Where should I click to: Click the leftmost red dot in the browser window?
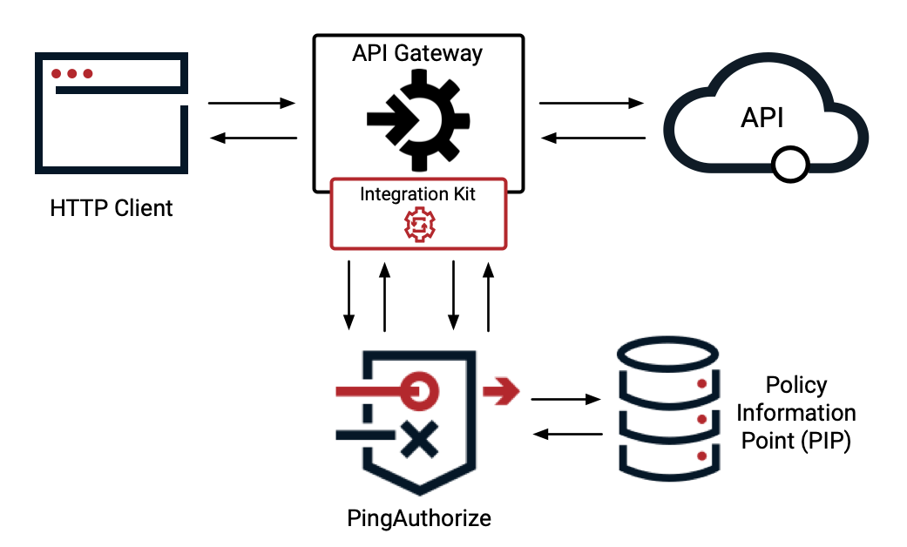pos(56,73)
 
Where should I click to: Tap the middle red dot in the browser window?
pos(72,73)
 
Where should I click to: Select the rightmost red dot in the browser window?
pos(88,73)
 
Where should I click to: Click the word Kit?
pos(461,194)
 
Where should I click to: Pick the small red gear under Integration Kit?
pos(419,226)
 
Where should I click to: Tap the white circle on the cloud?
pos(790,165)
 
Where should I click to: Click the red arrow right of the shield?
pos(503,391)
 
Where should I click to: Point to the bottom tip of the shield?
pos(420,493)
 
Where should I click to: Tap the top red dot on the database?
pos(701,383)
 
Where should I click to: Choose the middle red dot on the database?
pos(701,420)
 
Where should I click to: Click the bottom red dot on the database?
pos(701,456)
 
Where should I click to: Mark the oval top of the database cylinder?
pos(667,353)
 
